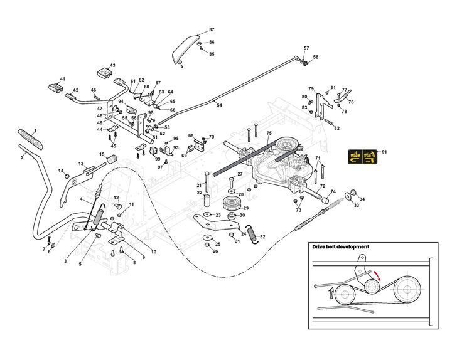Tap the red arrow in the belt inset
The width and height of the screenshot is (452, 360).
pyautogui.click(x=378, y=275)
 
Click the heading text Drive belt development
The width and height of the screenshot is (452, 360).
pyautogui.click(x=340, y=247)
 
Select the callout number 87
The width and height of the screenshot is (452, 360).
pyautogui.click(x=212, y=30)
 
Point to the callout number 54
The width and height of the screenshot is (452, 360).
pyautogui.click(x=219, y=105)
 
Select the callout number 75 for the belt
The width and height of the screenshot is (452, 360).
pyautogui.click(x=268, y=134)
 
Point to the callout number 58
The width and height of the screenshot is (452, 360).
pyautogui.click(x=315, y=58)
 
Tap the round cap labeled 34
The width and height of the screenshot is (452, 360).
pyautogui.click(x=353, y=193)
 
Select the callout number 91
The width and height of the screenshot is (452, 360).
pyautogui.click(x=385, y=152)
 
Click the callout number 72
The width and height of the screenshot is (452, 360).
pyautogui.click(x=322, y=187)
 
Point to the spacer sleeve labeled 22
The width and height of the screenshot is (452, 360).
pyautogui.click(x=206, y=203)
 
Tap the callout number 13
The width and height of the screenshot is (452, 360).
pyautogui.click(x=81, y=164)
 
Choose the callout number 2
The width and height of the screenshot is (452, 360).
pyautogui.click(x=22, y=157)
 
